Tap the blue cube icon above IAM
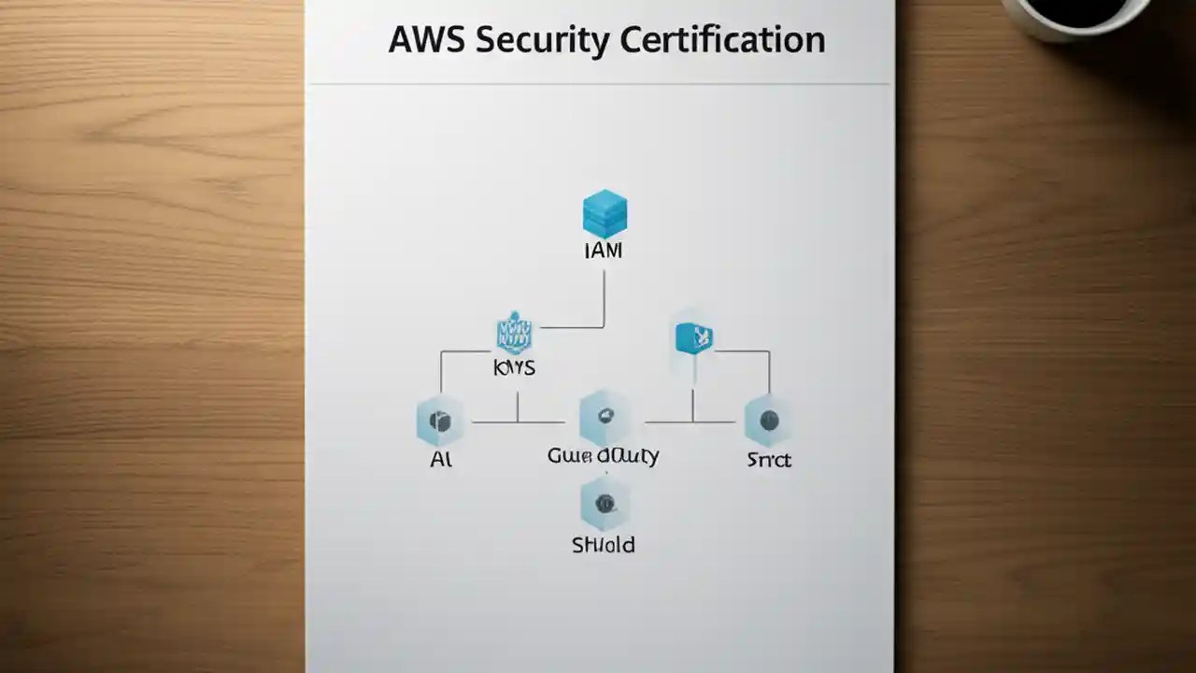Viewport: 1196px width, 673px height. click(x=605, y=214)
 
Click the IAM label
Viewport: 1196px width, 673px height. click(x=603, y=251)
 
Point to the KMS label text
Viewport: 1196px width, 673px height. click(x=514, y=368)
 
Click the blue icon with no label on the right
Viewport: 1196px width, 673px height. click(x=693, y=337)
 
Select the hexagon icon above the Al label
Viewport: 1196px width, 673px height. click(x=439, y=421)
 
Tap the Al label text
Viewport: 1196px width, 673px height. click(x=440, y=460)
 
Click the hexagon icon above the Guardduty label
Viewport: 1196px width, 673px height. click(x=604, y=418)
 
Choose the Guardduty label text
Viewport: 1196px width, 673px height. click(x=603, y=456)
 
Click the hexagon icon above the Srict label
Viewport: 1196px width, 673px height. click(x=768, y=421)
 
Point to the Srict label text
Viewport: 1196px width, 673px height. click(x=768, y=460)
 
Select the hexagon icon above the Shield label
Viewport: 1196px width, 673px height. click(x=604, y=504)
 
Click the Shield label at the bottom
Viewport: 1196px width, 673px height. click(x=603, y=545)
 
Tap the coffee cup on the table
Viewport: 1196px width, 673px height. click(x=1075, y=14)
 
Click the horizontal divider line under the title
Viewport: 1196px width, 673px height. click(x=598, y=84)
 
